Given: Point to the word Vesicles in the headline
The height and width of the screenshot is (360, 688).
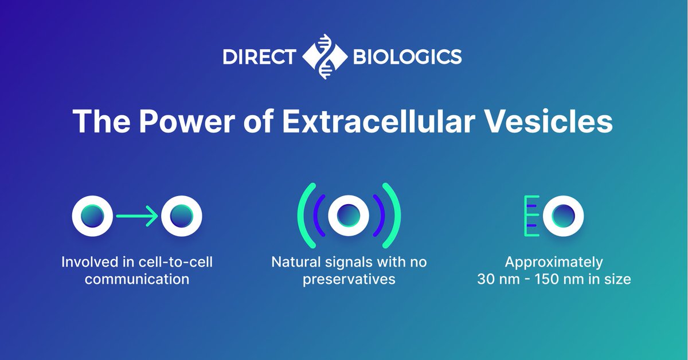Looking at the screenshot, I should point(554,123).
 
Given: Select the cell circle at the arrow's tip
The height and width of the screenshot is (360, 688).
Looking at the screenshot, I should point(182,216).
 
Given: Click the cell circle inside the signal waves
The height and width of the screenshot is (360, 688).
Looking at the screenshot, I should point(349,215).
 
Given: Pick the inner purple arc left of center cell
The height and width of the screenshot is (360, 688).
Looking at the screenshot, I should point(319,215).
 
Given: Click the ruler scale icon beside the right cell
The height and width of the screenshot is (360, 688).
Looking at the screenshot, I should point(530,216).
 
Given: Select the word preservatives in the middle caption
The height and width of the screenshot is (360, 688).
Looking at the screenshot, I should point(349,280).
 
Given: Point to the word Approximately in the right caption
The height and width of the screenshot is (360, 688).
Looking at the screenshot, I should point(554,263).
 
